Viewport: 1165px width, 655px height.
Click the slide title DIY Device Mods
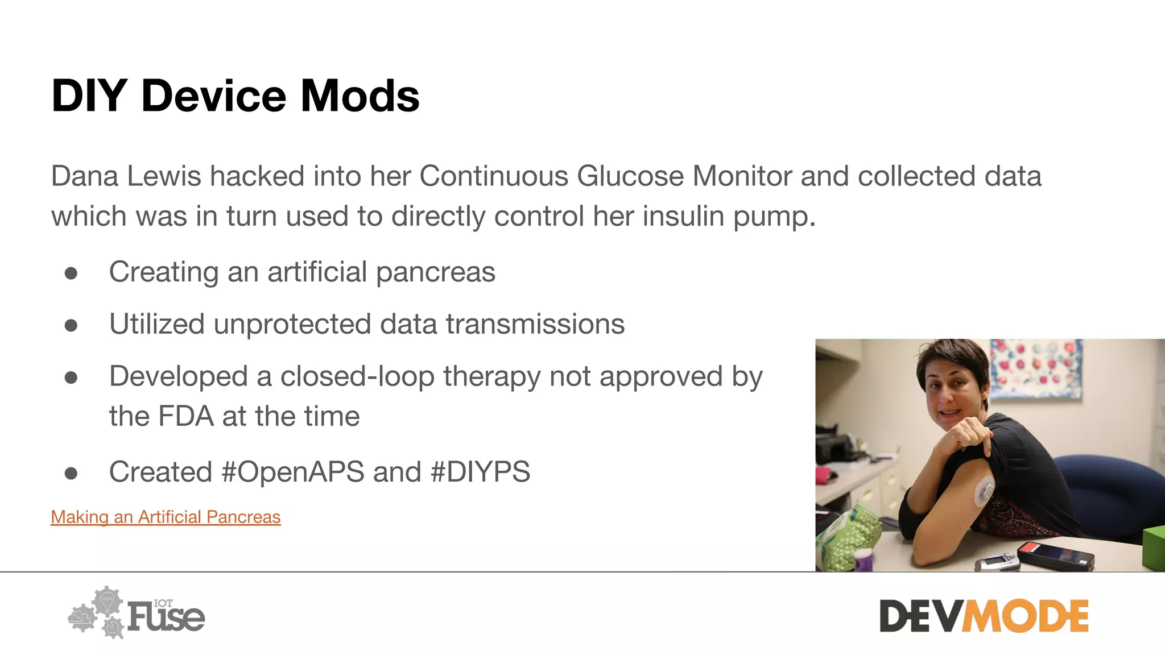(236, 96)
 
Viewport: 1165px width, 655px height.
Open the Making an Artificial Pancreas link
(166, 517)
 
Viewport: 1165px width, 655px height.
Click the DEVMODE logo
(984, 616)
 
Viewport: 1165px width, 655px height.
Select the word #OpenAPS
(293, 472)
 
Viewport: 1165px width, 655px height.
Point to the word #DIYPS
(481, 472)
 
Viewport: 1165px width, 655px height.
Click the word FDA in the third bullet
(185, 416)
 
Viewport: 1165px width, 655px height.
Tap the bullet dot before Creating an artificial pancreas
(71, 273)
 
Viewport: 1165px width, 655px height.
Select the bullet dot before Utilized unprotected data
(71, 325)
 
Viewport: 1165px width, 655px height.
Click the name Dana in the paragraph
(85, 176)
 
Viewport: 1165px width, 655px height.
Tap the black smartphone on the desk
(1056, 555)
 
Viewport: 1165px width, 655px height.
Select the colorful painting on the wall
(1035, 368)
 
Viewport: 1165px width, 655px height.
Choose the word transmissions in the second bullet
(535, 324)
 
